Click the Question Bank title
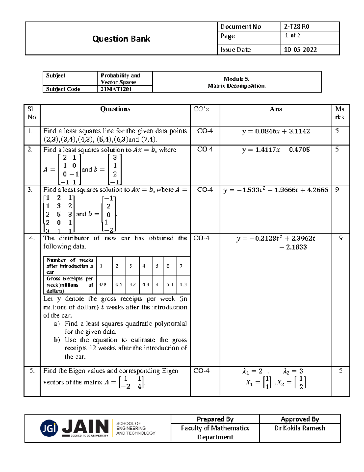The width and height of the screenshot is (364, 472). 121,39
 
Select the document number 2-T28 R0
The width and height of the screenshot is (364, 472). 296,26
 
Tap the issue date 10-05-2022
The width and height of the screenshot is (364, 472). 300,50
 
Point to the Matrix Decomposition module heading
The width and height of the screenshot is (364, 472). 237,82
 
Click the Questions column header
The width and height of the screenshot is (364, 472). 115,109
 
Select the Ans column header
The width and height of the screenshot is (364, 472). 276,109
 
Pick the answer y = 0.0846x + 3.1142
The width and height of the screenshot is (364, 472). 276,131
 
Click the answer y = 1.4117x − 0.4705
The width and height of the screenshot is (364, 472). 276,150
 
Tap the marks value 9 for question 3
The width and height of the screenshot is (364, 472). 337,190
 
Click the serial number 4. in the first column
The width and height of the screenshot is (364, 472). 32,238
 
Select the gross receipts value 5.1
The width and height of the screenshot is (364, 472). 170,285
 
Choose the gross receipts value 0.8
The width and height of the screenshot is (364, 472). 103,285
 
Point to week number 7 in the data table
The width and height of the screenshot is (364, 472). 181,266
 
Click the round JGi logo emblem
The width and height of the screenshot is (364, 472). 49,428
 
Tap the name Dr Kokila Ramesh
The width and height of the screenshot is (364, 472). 300,428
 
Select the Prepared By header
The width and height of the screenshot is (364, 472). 215,419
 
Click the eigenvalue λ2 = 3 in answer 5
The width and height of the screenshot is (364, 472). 293,371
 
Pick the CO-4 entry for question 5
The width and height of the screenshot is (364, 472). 201,371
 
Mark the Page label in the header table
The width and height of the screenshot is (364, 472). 227,36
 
